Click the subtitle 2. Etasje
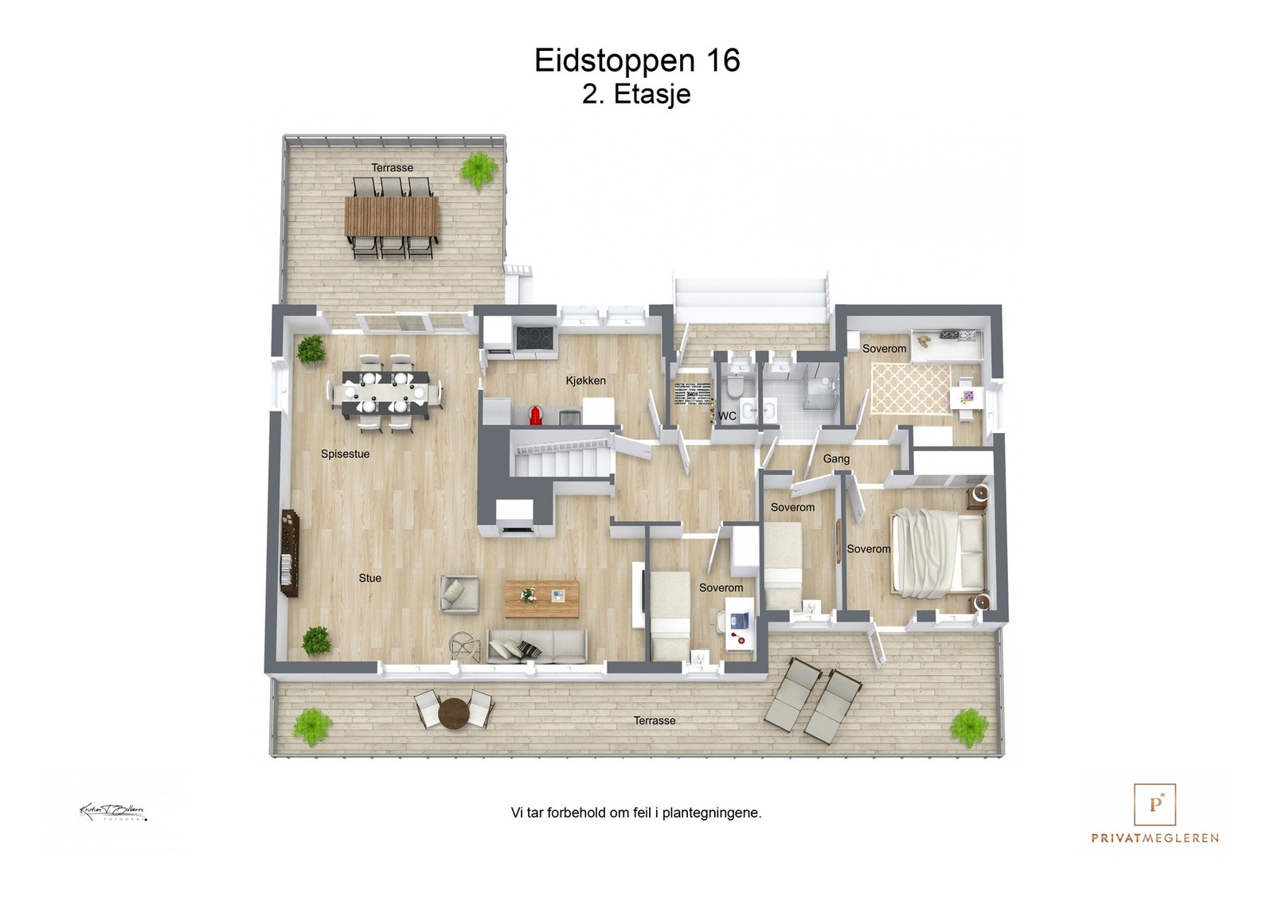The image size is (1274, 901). (636, 94)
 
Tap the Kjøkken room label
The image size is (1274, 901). (585, 380)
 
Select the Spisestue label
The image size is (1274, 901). (345, 454)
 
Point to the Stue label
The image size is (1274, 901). (369, 578)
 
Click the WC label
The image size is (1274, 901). (727, 415)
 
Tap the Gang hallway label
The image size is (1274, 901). (836, 458)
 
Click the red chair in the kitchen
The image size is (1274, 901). (536, 413)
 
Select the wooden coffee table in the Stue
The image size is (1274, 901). (541, 599)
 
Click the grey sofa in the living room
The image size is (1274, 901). (537, 646)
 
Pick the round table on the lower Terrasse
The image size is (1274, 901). (454, 712)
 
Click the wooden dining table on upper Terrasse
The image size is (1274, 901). (391, 216)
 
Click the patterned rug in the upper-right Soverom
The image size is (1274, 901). (909, 388)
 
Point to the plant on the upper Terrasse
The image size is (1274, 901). (479, 170)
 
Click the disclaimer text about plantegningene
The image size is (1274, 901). (635, 813)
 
